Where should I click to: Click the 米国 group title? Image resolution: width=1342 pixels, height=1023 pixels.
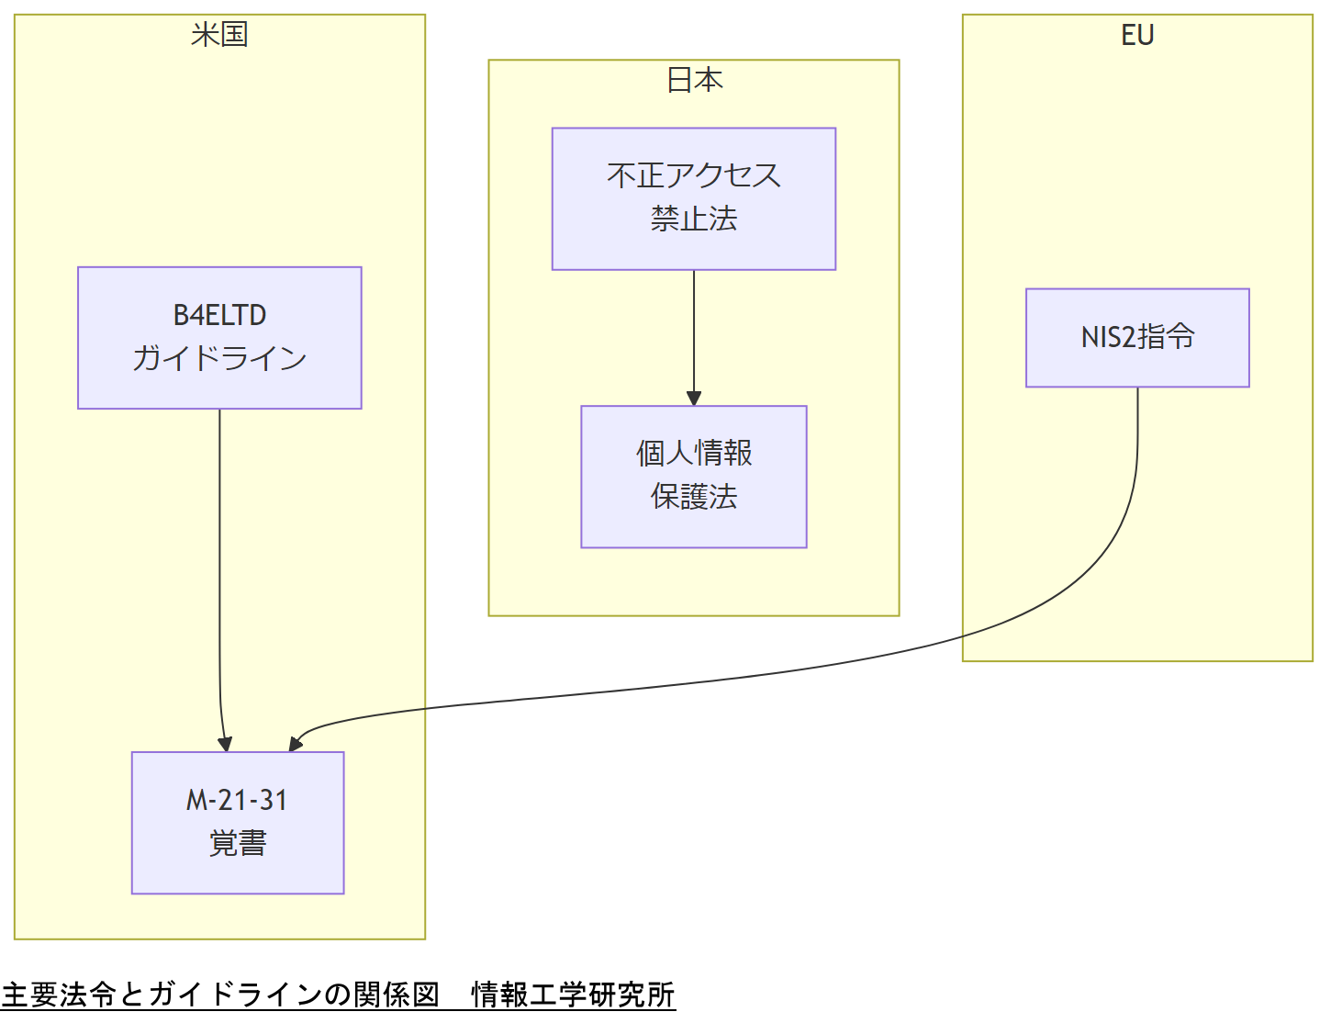coord(219,35)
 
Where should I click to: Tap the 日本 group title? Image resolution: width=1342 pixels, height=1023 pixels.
coord(694,81)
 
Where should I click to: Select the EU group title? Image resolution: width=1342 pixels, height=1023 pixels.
coord(1137,35)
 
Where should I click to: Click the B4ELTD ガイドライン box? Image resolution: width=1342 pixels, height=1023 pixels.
coord(219,337)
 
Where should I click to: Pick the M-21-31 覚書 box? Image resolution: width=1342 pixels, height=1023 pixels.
coord(238,822)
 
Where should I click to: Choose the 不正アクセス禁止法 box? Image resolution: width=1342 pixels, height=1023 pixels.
coord(694,198)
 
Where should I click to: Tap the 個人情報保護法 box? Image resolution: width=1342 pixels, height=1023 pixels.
coord(694,476)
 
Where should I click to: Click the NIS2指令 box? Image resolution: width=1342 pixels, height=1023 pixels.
coord(1137,337)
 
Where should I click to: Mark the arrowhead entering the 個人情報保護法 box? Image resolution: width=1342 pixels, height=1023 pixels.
coord(694,399)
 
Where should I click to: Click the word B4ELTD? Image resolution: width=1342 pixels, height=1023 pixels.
coord(219,315)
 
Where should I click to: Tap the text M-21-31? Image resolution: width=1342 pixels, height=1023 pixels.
coord(238,800)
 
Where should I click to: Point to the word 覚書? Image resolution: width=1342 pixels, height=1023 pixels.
coord(238,843)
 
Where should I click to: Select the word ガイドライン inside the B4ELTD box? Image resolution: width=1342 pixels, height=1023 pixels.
coord(219,358)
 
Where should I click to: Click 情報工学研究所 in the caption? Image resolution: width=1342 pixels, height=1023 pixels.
coord(573,995)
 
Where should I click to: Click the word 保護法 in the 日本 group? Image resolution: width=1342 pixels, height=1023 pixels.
coord(694,497)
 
